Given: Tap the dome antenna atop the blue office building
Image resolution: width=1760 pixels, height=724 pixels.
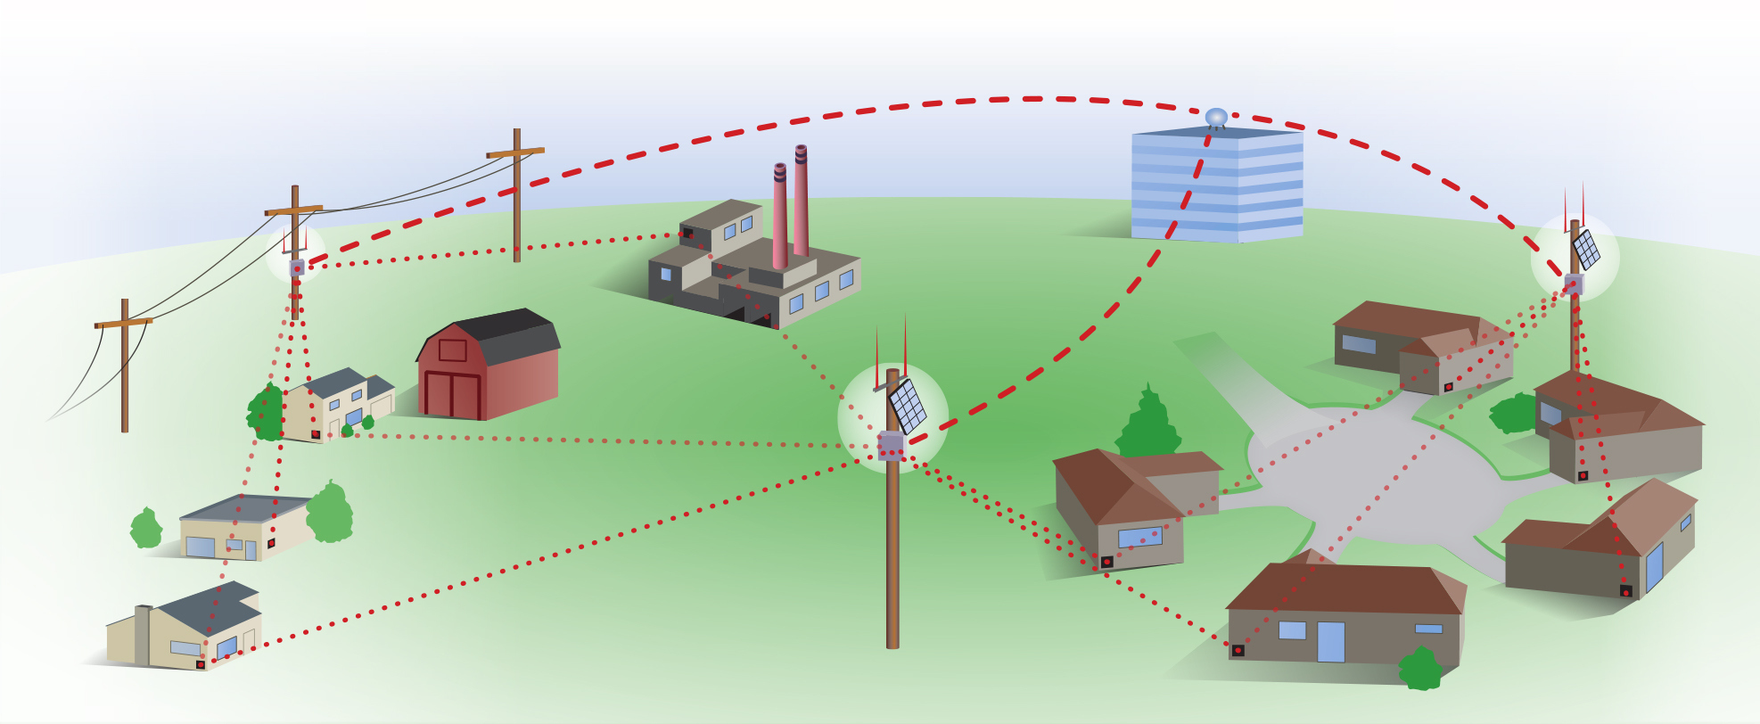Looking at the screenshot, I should click(x=1216, y=117).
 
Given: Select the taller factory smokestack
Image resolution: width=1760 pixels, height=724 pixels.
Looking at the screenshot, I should click(x=801, y=202).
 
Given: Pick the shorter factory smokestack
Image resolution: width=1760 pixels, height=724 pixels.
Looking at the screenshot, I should click(x=780, y=217).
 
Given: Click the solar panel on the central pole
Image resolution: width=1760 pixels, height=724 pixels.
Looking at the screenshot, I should click(x=908, y=406).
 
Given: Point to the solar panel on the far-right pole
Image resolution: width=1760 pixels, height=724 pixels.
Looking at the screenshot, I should click(x=1586, y=251).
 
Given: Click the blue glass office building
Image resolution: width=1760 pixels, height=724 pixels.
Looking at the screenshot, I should click(x=1217, y=185).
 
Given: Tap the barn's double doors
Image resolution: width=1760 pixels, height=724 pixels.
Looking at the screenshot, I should click(x=452, y=394).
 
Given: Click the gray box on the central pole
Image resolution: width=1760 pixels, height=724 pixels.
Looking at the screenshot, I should click(x=891, y=445).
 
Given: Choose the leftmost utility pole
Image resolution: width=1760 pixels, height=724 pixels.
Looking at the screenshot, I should click(x=125, y=366).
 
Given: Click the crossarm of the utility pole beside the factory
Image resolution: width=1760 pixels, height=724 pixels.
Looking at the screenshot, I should click(x=515, y=152).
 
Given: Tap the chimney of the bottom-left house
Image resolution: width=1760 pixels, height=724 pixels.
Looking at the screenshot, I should click(x=143, y=635).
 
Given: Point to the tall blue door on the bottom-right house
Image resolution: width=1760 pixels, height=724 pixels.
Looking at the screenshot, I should click(x=1330, y=642).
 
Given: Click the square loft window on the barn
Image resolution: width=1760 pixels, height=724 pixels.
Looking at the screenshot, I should click(x=452, y=350).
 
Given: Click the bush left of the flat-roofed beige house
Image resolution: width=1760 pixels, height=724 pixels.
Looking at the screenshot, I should click(x=146, y=529).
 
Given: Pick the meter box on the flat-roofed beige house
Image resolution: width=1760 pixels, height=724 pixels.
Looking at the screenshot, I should click(x=271, y=543).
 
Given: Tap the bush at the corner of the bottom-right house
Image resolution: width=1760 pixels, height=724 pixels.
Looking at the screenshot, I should click(x=1421, y=669).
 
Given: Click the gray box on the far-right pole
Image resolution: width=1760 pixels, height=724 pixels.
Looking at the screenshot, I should click(x=1574, y=284).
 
